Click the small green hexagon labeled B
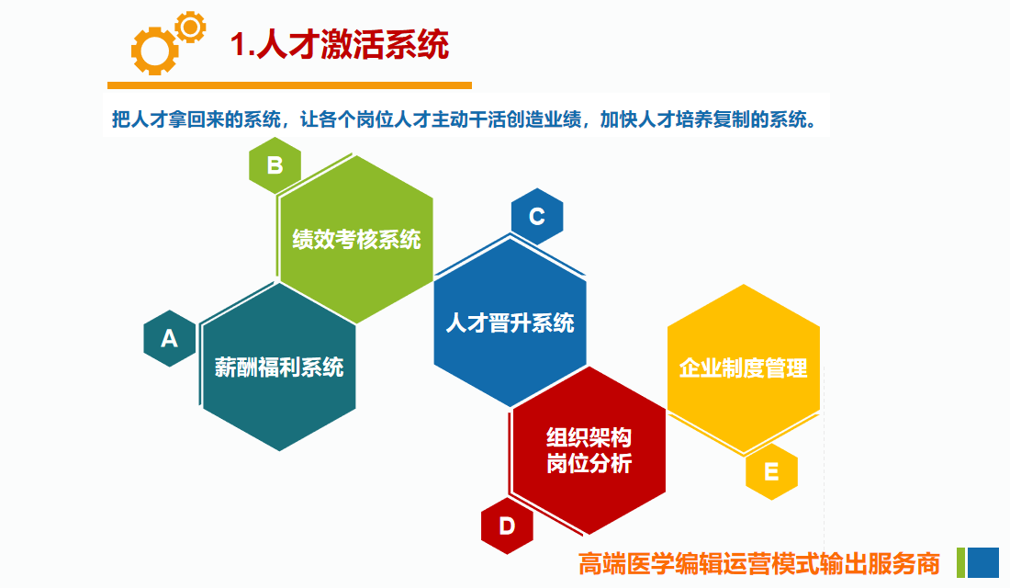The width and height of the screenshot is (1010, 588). [275, 165]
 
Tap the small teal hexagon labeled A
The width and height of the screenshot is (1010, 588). [170, 338]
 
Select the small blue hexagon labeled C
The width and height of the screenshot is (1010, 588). [537, 217]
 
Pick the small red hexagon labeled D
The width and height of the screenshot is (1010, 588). [507, 526]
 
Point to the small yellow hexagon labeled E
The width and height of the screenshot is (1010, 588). [771, 471]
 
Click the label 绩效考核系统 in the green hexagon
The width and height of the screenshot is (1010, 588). [356, 240]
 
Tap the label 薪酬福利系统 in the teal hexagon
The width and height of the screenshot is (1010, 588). [279, 367]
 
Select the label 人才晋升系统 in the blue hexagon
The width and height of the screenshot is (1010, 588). [511, 322]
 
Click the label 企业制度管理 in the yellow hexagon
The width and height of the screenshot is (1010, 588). [744, 368]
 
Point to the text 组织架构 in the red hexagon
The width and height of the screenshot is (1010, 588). [589, 437]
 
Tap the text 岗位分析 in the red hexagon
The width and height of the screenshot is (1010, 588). [589, 464]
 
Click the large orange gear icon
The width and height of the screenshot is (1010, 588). [154, 51]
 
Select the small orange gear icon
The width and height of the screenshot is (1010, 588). [190, 27]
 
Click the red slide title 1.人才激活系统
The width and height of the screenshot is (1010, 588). [340, 44]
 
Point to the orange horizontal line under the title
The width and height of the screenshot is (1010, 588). [289, 85]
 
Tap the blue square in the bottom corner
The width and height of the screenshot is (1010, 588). [983, 563]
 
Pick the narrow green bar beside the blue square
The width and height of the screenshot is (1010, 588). [961, 563]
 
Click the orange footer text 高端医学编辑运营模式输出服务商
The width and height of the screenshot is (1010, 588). [758, 563]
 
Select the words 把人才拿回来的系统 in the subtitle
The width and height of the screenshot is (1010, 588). [196, 119]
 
